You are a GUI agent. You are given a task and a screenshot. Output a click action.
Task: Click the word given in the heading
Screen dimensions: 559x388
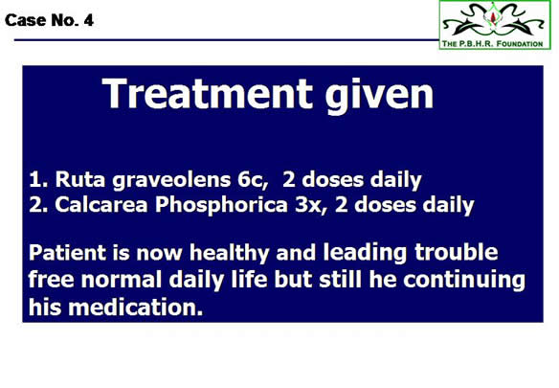(379, 96)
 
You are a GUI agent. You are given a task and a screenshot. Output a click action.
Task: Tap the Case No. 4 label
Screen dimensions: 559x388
(49, 20)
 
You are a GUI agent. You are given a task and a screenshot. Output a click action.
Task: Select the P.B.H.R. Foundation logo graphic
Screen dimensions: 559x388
(495, 25)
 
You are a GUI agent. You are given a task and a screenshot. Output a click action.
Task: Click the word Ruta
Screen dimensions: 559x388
(80, 179)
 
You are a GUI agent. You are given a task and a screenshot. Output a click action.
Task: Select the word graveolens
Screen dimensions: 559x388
(171, 181)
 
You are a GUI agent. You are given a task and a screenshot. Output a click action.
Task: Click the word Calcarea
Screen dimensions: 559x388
(101, 205)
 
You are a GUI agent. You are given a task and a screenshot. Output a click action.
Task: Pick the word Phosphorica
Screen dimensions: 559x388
(221, 206)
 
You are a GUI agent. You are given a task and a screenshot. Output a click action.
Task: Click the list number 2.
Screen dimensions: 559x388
(38, 205)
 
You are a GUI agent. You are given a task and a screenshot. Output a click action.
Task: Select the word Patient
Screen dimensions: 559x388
(67, 252)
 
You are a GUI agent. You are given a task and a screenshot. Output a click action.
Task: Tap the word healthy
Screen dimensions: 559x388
(229, 254)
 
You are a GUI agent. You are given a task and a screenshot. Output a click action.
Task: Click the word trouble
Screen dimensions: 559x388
(456, 252)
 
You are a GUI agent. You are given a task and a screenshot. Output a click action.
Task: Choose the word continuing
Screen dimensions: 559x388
(464, 281)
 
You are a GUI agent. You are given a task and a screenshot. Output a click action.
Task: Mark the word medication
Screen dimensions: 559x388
(136, 307)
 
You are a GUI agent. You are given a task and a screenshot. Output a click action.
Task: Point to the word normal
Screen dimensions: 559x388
(122, 280)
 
